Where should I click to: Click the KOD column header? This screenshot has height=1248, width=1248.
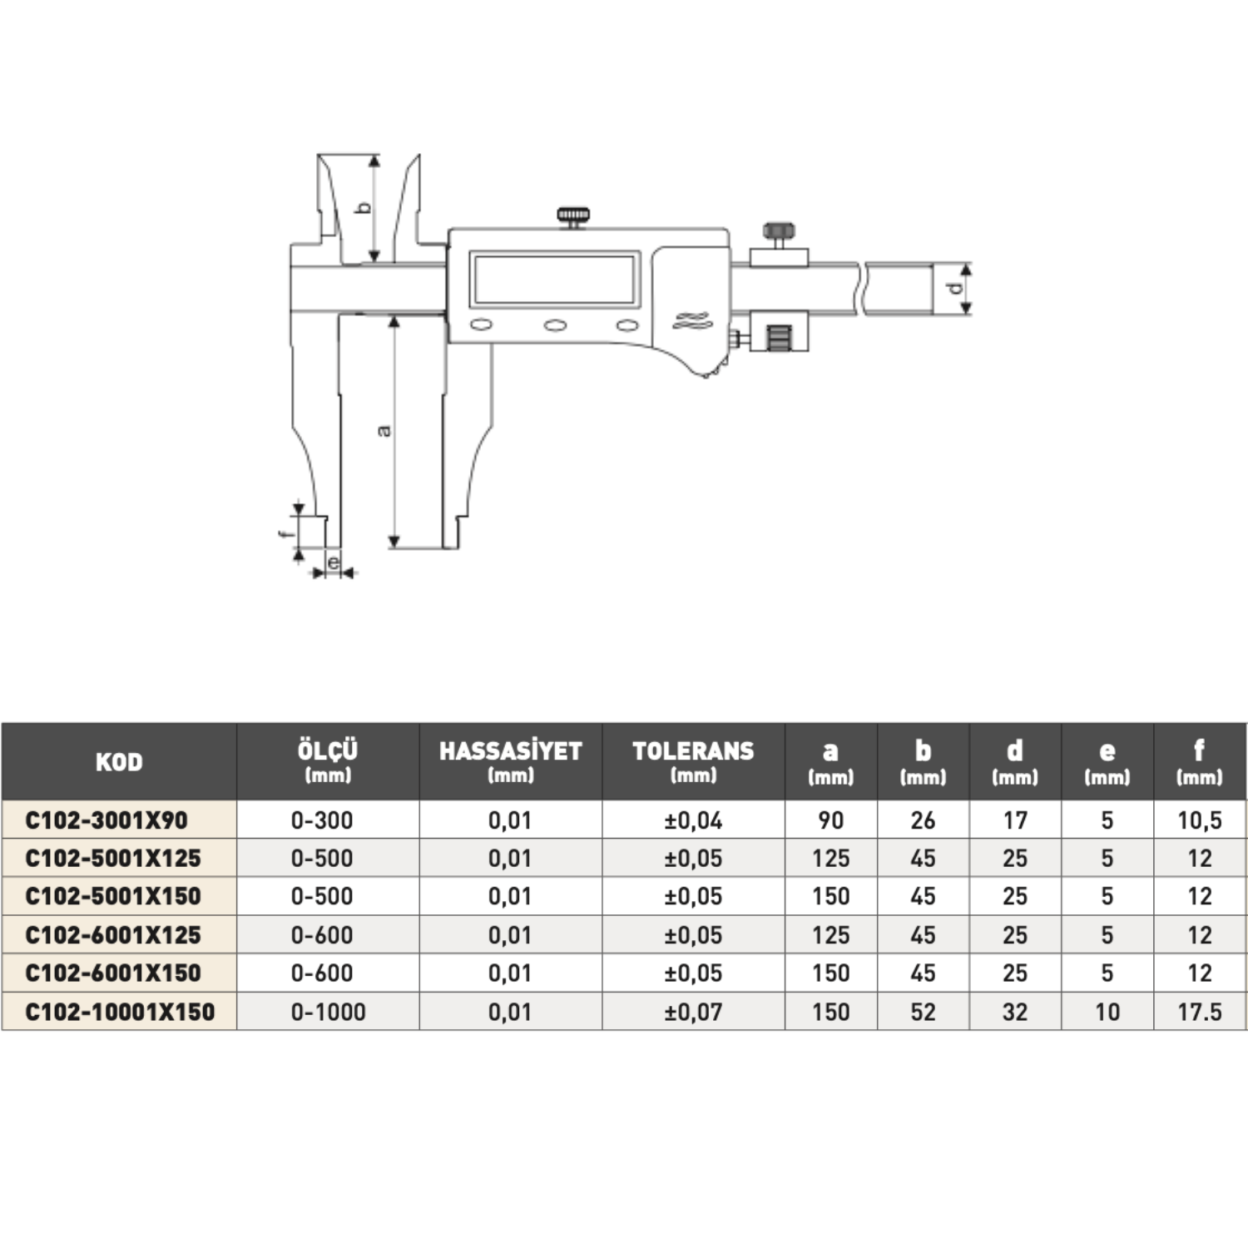119,762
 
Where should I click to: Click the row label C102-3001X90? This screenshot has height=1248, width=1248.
106,820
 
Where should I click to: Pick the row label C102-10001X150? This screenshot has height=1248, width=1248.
120,1012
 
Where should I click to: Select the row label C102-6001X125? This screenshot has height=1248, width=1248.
113,935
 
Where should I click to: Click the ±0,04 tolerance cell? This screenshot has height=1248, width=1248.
693,820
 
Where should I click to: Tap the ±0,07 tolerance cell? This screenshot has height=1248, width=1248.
693,1012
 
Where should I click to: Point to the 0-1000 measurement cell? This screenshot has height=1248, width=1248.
328,1012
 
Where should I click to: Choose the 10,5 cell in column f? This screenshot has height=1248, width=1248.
1199,820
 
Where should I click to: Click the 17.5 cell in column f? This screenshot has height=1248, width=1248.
1199,1012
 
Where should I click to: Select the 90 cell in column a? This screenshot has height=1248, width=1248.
830,820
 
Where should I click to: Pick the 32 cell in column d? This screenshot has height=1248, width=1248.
1014,1012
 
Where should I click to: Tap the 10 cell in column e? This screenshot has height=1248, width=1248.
1107,1012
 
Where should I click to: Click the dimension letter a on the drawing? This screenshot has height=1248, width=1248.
384,430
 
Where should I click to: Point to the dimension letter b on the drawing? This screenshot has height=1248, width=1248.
364,207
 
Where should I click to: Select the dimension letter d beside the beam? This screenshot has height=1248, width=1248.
956,289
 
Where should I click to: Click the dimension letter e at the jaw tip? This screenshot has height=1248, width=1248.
333,563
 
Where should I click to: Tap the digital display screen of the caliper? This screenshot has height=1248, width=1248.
554,280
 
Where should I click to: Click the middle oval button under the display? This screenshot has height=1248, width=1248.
555,325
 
